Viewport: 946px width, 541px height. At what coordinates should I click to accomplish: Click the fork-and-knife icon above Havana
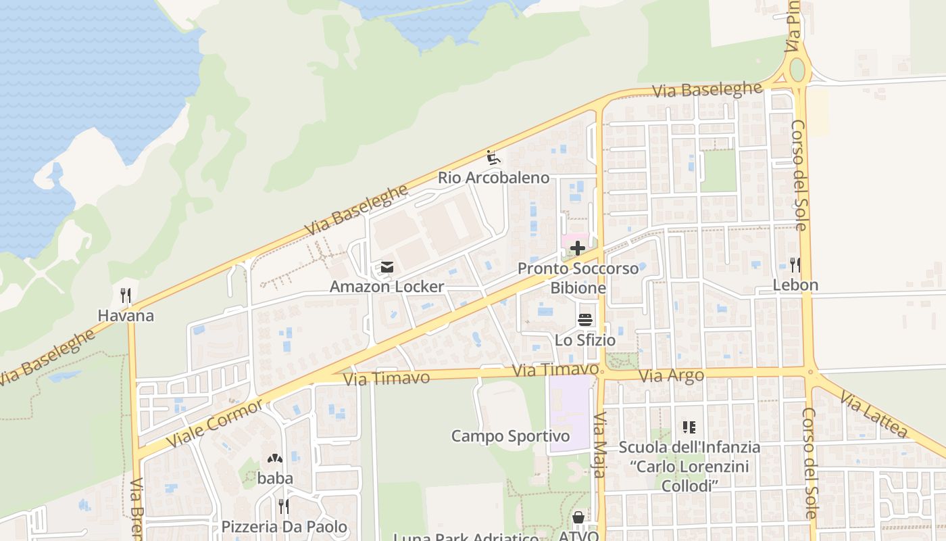(x=125, y=296)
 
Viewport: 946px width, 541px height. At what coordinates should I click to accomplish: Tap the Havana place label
(x=126, y=316)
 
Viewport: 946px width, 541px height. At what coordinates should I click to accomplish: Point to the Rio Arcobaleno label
(x=493, y=178)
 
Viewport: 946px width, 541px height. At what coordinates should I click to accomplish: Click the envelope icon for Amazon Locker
(x=387, y=267)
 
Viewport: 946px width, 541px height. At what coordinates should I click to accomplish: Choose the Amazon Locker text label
(x=387, y=287)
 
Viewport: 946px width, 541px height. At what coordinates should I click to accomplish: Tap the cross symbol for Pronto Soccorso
(x=578, y=248)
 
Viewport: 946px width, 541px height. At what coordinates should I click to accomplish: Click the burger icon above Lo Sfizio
(x=585, y=320)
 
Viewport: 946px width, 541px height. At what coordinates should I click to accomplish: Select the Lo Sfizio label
(x=585, y=340)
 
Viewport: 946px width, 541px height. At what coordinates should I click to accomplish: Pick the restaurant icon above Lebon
(x=795, y=265)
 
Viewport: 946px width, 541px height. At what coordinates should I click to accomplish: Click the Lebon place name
(x=795, y=285)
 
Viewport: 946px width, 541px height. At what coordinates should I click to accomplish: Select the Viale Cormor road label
(x=215, y=423)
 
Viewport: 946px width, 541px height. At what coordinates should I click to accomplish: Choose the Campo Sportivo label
(x=510, y=436)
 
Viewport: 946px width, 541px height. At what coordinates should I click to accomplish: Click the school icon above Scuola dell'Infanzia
(x=689, y=427)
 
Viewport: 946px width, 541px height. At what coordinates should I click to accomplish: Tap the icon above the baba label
(x=275, y=458)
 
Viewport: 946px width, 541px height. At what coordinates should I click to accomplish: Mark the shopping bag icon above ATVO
(x=578, y=518)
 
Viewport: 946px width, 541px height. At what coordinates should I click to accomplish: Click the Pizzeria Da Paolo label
(x=284, y=527)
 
